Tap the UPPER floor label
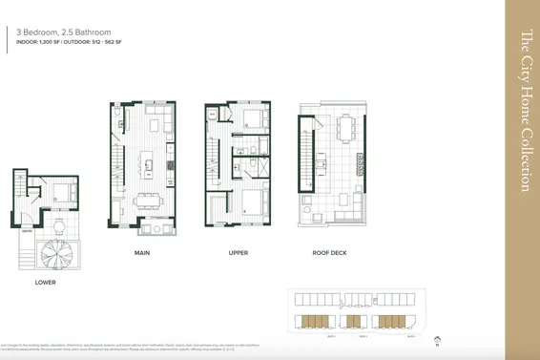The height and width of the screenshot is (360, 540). tap(239, 255)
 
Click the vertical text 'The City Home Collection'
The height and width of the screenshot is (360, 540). tap(523, 111)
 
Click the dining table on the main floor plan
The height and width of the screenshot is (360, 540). tap(149, 199)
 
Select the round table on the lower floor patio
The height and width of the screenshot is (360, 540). tap(58, 225)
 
